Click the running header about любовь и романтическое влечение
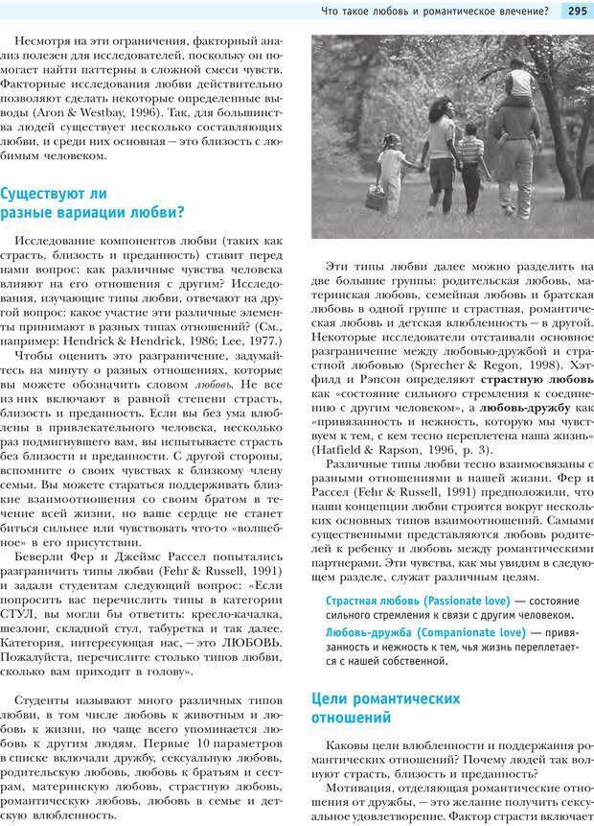point(436,12)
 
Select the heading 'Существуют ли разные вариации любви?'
point(93,202)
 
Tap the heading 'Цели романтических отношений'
point(385,707)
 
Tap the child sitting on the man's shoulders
point(521,82)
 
